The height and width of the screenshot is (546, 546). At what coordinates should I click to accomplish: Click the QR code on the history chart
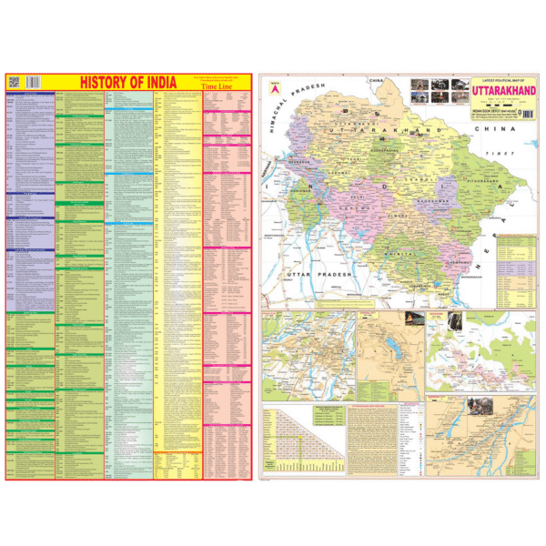tap(14, 81)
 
